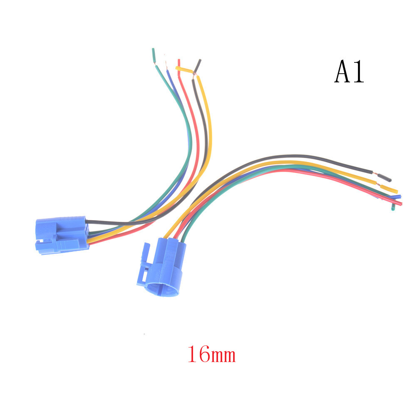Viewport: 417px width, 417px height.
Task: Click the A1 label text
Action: pyautogui.click(x=349, y=71)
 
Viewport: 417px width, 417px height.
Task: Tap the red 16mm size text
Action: pyautogui.click(x=212, y=354)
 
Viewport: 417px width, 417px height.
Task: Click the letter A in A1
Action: pyautogui.click(x=342, y=71)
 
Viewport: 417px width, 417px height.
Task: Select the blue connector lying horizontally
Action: pyautogui.click(x=62, y=235)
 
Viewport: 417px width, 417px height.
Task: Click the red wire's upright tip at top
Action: pyautogui.click(x=179, y=64)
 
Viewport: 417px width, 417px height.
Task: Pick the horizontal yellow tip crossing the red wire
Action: pyautogui.click(x=184, y=69)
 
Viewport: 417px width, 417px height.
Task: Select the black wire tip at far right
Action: pyautogui.click(x=385, y=178)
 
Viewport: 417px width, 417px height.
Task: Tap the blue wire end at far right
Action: pyautogui.click(x=396, y=197)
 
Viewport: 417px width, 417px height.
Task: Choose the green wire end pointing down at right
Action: pyautogui.click(x=393, y=207)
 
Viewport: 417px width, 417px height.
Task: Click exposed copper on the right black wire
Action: pyautogui.click(x=375, y=174)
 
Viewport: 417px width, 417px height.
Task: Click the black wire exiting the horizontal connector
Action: pyautogui.click(x=107, y=223)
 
